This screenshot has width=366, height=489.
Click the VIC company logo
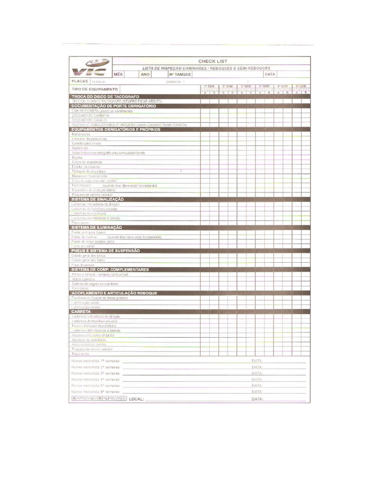click(90, 67)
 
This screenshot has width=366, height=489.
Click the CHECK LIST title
click(213, 61)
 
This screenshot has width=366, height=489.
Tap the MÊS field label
click(118, 74)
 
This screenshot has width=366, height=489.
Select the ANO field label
click(145, 74)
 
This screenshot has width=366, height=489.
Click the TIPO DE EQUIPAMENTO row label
click(94, 89)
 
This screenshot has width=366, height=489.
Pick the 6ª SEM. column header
click(301, 86)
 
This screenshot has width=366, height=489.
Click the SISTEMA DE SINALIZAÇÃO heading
click(98, 199)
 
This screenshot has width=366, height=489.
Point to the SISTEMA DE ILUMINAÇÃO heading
click(97, 227)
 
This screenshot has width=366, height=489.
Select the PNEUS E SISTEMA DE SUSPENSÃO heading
click(105, 251)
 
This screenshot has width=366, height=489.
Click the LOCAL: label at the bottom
click(136, 398)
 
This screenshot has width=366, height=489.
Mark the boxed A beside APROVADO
click(74, 398)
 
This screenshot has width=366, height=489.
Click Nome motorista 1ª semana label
click(95, 361)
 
